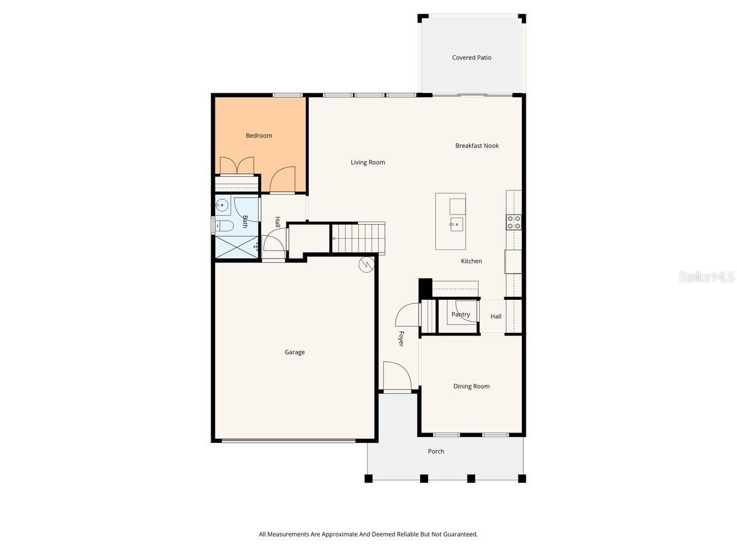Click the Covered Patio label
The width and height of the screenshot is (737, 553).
(472, 58)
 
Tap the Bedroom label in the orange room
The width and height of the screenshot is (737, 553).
(259, 136)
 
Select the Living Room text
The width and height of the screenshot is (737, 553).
(368, 163)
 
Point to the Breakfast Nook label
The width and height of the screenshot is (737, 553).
(477, 146)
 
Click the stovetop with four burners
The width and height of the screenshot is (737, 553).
(513, 222)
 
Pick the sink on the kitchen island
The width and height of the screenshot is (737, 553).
(456, 224)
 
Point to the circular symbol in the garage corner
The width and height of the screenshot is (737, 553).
(366, 264)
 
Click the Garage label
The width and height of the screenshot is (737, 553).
(294, 353)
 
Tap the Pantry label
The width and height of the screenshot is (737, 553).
(461, 315)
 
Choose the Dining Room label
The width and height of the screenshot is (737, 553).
(471, 386)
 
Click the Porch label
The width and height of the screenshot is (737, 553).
(436, 452)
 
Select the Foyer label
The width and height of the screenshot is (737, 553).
(401, 339)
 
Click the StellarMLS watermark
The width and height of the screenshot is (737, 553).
(706, 278)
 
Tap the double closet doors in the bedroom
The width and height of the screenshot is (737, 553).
(237, 166)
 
